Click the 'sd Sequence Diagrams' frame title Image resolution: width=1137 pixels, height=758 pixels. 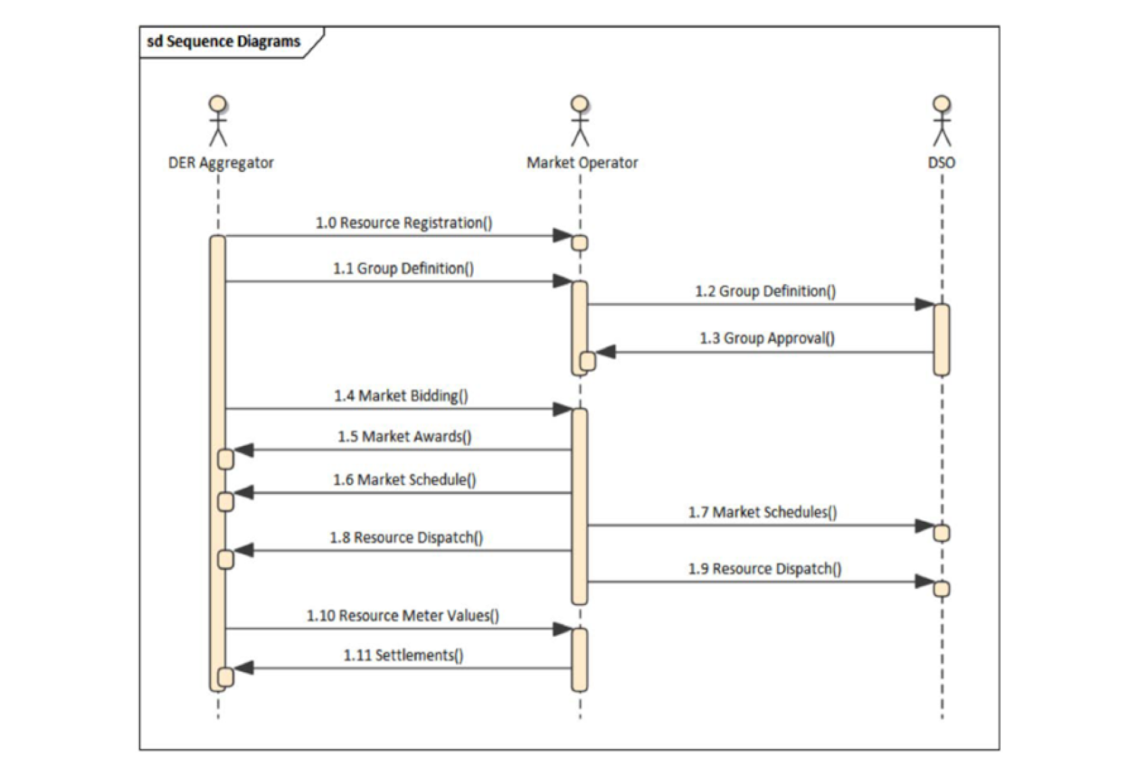coord(224,41)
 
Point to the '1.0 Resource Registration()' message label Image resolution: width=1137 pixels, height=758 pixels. coord(404,223)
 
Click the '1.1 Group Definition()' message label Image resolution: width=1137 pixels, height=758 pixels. coord(403,268)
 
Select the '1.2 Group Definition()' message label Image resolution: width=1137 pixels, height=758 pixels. coord(765,291)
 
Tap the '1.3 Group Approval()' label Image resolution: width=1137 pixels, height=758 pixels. coord(767,338)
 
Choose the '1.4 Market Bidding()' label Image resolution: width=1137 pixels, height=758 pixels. coord(401,395)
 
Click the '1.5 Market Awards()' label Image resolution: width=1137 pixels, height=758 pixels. coord(405,437)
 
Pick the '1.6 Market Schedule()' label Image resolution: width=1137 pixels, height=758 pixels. coord(405,480)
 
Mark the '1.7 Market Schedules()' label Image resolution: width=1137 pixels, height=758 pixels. coord(763,512)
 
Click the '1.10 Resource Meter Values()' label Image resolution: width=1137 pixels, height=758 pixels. coord(403,615)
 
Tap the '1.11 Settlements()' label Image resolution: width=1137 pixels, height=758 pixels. coord(403,655)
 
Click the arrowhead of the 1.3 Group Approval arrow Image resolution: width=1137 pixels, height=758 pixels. coord(605,352)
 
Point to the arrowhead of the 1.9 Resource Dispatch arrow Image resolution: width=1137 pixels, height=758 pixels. coord(924,581)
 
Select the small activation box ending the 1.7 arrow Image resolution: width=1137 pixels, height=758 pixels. coord(941,533)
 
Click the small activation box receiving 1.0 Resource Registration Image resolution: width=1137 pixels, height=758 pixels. coord(580,243)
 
